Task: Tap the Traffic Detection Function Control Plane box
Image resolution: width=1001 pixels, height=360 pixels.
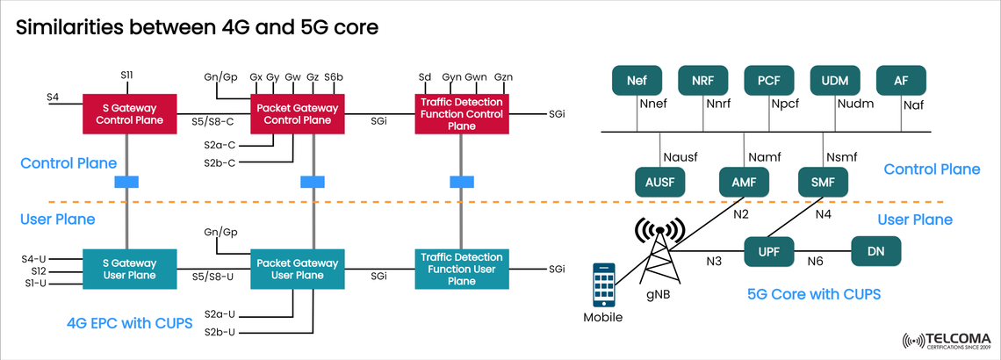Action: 463,113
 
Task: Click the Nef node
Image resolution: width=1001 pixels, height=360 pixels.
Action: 637,81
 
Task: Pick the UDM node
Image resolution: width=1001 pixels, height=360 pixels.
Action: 834,81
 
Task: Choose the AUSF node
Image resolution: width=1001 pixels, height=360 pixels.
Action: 659,183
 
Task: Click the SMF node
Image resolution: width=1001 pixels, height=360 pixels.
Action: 823,183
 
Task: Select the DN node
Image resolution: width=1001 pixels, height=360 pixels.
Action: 875,252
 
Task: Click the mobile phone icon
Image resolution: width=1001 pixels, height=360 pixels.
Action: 603,284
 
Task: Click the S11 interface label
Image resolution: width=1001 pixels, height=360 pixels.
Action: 126,77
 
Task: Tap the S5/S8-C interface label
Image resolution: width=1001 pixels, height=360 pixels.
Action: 213,122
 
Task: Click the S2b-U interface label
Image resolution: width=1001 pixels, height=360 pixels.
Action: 219,332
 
